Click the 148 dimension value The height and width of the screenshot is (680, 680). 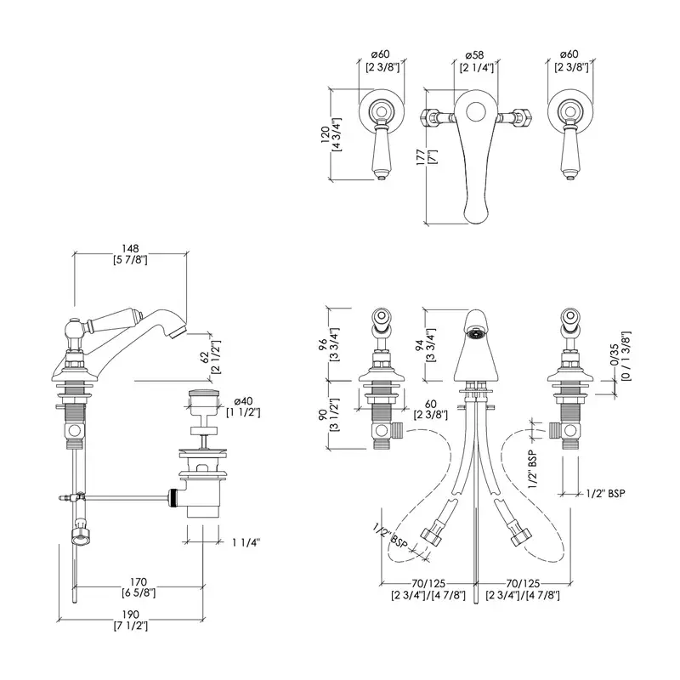coord(131,249)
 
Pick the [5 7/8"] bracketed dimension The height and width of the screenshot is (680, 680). coord(131,260)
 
